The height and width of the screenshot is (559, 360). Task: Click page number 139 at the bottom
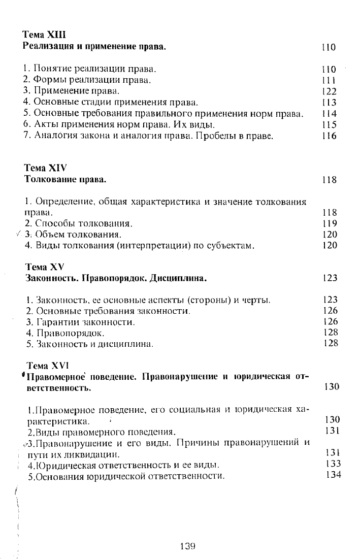tap(188, 546)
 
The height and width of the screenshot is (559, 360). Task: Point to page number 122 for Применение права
tap(329, 91)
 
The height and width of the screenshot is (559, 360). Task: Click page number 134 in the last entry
tap(334, 475)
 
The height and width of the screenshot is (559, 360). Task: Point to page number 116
tap(329, 136)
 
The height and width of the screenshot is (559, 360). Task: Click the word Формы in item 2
tap(49, 80)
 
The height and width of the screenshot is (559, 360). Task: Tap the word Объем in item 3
tap(47, 235)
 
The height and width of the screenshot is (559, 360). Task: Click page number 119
tap(330, 223)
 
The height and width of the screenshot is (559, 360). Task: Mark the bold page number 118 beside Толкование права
tap(329, 180)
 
